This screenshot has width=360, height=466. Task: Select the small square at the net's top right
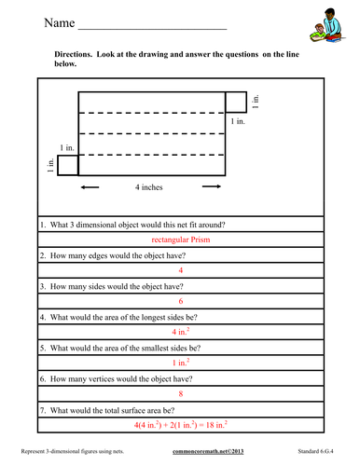pos(236,102)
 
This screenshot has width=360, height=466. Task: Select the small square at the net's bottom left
pos(67,164)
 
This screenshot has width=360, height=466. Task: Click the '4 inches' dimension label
pos(148,187)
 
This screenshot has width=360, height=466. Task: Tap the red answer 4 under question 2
pos(180,270)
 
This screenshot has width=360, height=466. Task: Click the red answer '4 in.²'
pos(180,331)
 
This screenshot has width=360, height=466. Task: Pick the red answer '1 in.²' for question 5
pos(180,362)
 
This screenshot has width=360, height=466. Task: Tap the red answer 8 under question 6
pos(180,392)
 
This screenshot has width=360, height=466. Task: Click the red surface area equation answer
pos(180,424)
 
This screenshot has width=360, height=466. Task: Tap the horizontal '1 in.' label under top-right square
pos(239,121)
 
